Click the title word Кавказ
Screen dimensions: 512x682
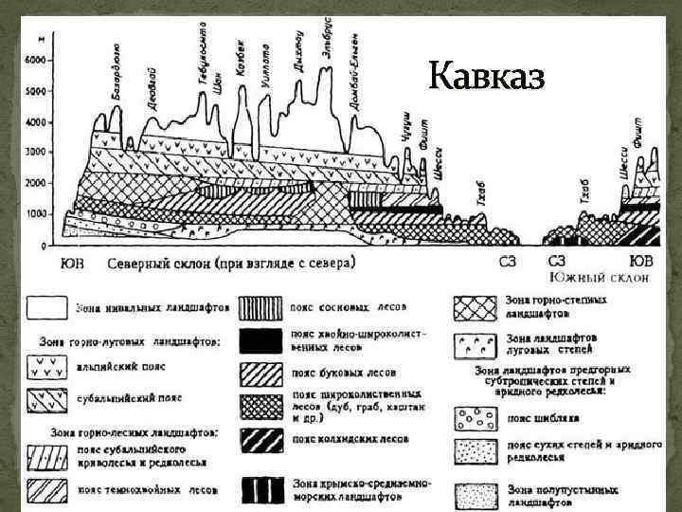click(x=486, y=75)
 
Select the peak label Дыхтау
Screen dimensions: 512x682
click(x=300, y=51)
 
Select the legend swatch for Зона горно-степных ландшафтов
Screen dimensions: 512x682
click(x=475, y=306)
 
